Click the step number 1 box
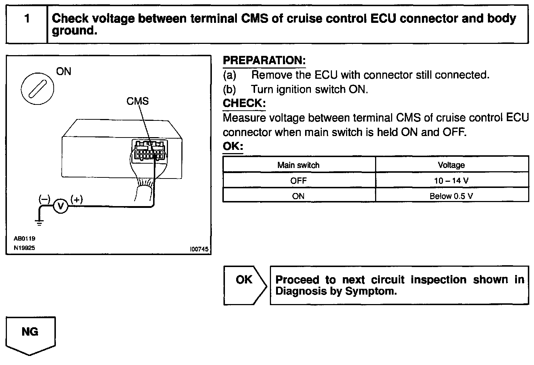pos(27,24)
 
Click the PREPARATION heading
pos(264,61)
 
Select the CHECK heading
pos(244,103)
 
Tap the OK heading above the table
pos(233,147)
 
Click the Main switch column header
pos(299,165)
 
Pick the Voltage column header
pos(451,165)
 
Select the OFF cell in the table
pos(299,181)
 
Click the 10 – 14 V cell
pos(451,181)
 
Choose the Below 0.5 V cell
pos(451,196)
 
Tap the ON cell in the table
pos(299,196)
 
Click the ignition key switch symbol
pos(37,88)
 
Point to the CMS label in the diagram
pos(137,101)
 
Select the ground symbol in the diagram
pos(40,222)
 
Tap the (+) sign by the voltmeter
pos(77,199)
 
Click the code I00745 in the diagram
pos(199,249)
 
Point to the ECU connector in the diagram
pos(149,151)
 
